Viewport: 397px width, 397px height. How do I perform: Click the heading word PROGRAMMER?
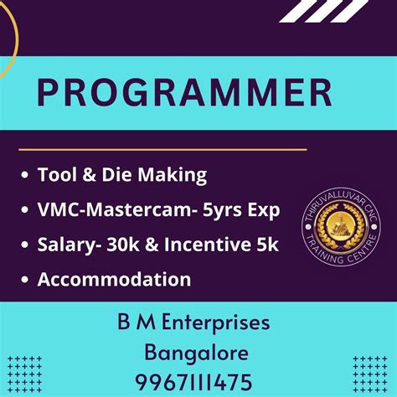click(x=183, y=93)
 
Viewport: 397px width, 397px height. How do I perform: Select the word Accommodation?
click(x=114, y=279)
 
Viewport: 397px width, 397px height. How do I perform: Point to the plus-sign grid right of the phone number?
click(x=369, y=372)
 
